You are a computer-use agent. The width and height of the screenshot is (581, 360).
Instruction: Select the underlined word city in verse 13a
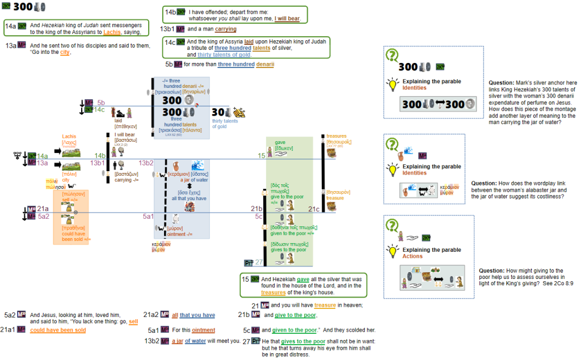(65, 53)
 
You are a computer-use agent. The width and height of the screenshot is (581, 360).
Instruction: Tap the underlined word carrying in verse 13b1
(226, 29)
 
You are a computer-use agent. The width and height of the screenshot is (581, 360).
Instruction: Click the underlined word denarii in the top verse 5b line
(264, 64)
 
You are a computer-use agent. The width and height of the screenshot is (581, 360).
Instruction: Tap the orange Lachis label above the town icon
(70, 137)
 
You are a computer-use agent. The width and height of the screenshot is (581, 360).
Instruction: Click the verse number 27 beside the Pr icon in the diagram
(259, 262)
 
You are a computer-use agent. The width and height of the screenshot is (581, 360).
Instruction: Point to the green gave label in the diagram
(280, 142)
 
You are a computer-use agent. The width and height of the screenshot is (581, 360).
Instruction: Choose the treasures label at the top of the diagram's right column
(336, 136)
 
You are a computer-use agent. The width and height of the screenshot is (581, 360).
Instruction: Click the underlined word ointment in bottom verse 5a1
(204, 330)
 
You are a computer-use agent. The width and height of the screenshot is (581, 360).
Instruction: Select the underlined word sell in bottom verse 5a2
(133, 321)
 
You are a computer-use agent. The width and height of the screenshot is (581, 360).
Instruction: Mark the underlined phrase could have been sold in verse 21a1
(58, 330)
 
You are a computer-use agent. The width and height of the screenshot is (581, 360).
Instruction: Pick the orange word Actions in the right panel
(412, 256)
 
